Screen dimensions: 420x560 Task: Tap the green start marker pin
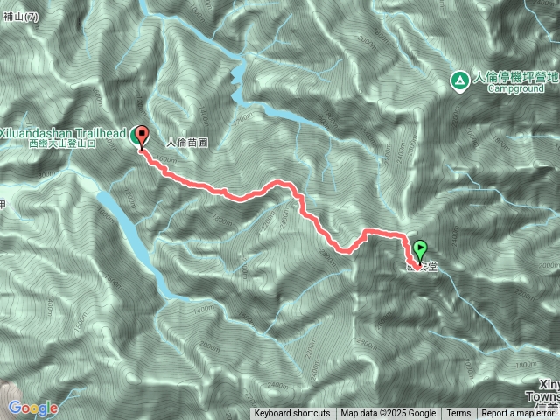[x=420, y=248]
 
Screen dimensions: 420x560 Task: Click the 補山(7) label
[x=19, y=17]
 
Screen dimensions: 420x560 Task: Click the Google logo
[x=33, y=408]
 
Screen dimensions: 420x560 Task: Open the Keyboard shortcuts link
[x=292, y=414]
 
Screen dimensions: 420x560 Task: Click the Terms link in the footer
[x=458, y=414]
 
